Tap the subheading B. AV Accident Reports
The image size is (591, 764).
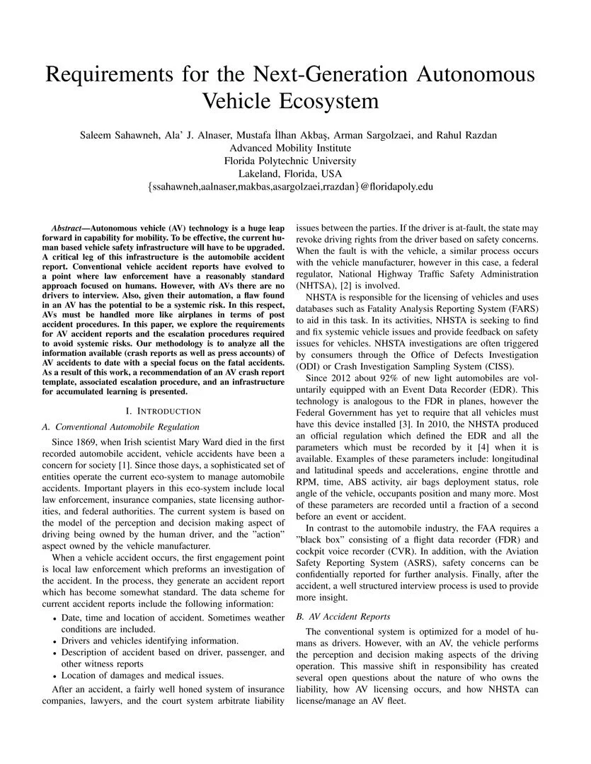343,616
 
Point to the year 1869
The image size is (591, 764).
87,441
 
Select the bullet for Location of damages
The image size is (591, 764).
55,675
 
